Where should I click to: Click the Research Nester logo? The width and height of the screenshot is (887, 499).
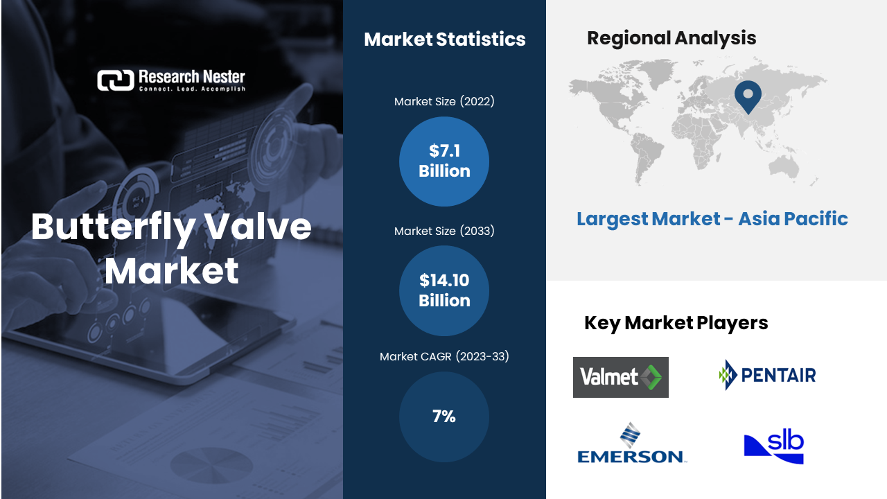pos(170,80)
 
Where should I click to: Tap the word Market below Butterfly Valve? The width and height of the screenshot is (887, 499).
pos(172,271)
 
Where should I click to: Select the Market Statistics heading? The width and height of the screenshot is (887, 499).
pos(444,40)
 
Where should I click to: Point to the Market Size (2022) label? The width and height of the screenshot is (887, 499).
pos(444,102)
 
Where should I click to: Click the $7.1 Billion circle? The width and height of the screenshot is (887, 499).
pos(444,161)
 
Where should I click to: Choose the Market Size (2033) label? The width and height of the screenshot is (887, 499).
pos(444,231)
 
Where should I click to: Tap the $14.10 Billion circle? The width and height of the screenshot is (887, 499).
pos(444,291)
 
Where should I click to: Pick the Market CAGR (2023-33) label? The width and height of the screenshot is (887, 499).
pos(444,357)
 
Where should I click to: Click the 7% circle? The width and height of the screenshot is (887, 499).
pos(444,417)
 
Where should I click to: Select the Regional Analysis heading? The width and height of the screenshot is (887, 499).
pos(671,38)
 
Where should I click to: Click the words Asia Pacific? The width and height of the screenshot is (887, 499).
pos(793,219)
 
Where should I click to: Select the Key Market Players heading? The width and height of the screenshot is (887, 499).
pos(676,323)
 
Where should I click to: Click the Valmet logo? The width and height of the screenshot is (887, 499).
pos(620,377)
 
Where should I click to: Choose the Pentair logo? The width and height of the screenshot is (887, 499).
pos(767,375)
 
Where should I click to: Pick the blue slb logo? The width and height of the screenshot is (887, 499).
pos(773,447)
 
